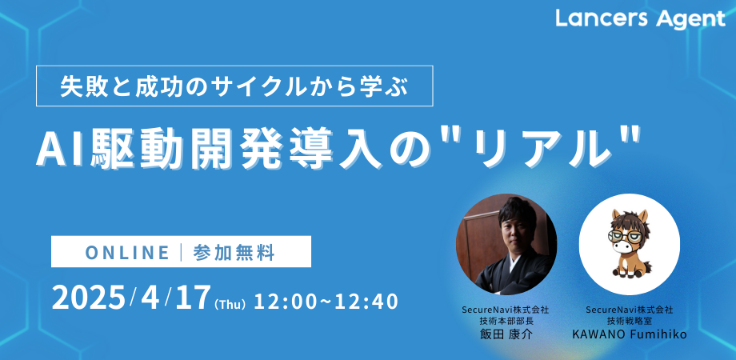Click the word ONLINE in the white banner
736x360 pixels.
[x=127, y=253]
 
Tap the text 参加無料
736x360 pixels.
[x=234, y=253]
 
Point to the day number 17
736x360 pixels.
[x=191, y=298]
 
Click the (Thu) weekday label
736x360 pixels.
[x=230, y=304]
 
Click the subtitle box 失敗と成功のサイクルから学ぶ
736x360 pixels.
[x=234, y=86]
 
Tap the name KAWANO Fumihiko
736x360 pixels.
[x=629, y=334]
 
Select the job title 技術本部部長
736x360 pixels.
[x=505, y=322]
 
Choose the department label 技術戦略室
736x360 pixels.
[x=629, y=322]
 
